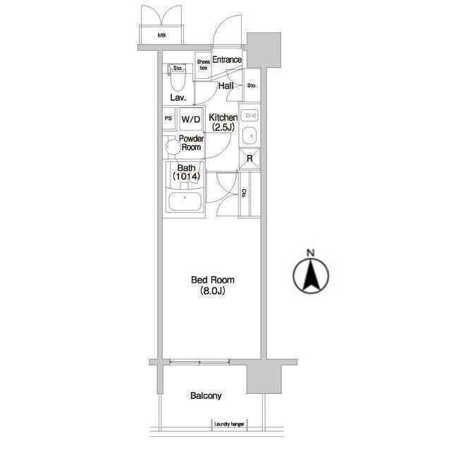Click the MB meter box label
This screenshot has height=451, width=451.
(x=161, y=36)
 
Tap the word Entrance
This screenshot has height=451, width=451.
(x=227, y=59)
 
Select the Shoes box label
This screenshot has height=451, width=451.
(x=204, y=65)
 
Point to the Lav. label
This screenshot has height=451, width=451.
(x=178, y=97)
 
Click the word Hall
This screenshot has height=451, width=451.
(x=225, y=85)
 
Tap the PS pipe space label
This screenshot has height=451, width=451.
(x=168, y=118)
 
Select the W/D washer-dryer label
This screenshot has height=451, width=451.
(x=191, y=119)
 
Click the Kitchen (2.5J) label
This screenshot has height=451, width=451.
(x=223, y=122)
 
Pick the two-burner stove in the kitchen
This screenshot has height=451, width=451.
(x=249, y=116)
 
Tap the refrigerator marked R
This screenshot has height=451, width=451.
(x=249, y=158)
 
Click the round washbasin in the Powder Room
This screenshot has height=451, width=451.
(x=172, y=147)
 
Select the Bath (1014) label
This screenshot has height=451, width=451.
(x=186, y=172)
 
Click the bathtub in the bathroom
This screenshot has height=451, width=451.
(x=185, y=202)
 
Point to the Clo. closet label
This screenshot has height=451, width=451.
(x=244, y=194)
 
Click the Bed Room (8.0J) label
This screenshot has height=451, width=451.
(x=213, y=285)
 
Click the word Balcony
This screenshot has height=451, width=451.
(x=206, y=396)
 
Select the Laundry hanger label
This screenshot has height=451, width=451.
(x=229, y=424)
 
